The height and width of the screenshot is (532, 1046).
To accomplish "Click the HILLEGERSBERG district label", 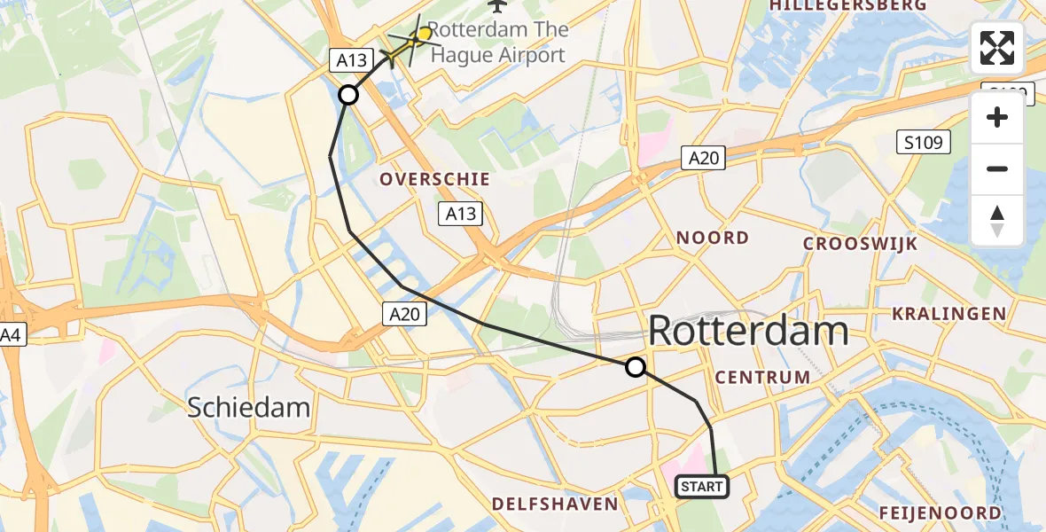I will point(848,5).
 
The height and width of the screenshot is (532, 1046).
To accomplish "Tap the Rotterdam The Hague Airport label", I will point(496,42).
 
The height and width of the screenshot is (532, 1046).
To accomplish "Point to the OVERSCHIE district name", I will point(434,179).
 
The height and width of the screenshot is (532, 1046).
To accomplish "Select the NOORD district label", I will point(713,238).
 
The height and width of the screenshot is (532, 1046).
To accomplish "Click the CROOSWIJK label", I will point(860,244).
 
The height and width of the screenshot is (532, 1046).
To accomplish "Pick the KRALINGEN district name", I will point(948,313).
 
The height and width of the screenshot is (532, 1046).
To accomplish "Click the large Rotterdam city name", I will point(749,332).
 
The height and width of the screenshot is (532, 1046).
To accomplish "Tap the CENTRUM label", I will point(762,377).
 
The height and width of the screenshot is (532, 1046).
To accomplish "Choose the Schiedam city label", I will point(249,408).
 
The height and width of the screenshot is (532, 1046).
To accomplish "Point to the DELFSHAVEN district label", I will point(555,504).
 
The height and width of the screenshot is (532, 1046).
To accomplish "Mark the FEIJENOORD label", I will point(941,512).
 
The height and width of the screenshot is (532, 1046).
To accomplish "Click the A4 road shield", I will point(10,335).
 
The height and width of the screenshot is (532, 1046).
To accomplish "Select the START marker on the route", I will point(702,486).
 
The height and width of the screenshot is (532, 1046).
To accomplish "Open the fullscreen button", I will point(997,48).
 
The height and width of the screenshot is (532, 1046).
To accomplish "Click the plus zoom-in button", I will point(997,117).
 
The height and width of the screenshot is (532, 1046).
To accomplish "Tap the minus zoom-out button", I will point(997,168).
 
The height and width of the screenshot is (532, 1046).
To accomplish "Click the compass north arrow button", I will point(997,220).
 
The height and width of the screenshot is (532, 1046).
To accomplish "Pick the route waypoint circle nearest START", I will point(635,366).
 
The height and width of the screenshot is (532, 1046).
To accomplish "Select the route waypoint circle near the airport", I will point(348,94).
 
